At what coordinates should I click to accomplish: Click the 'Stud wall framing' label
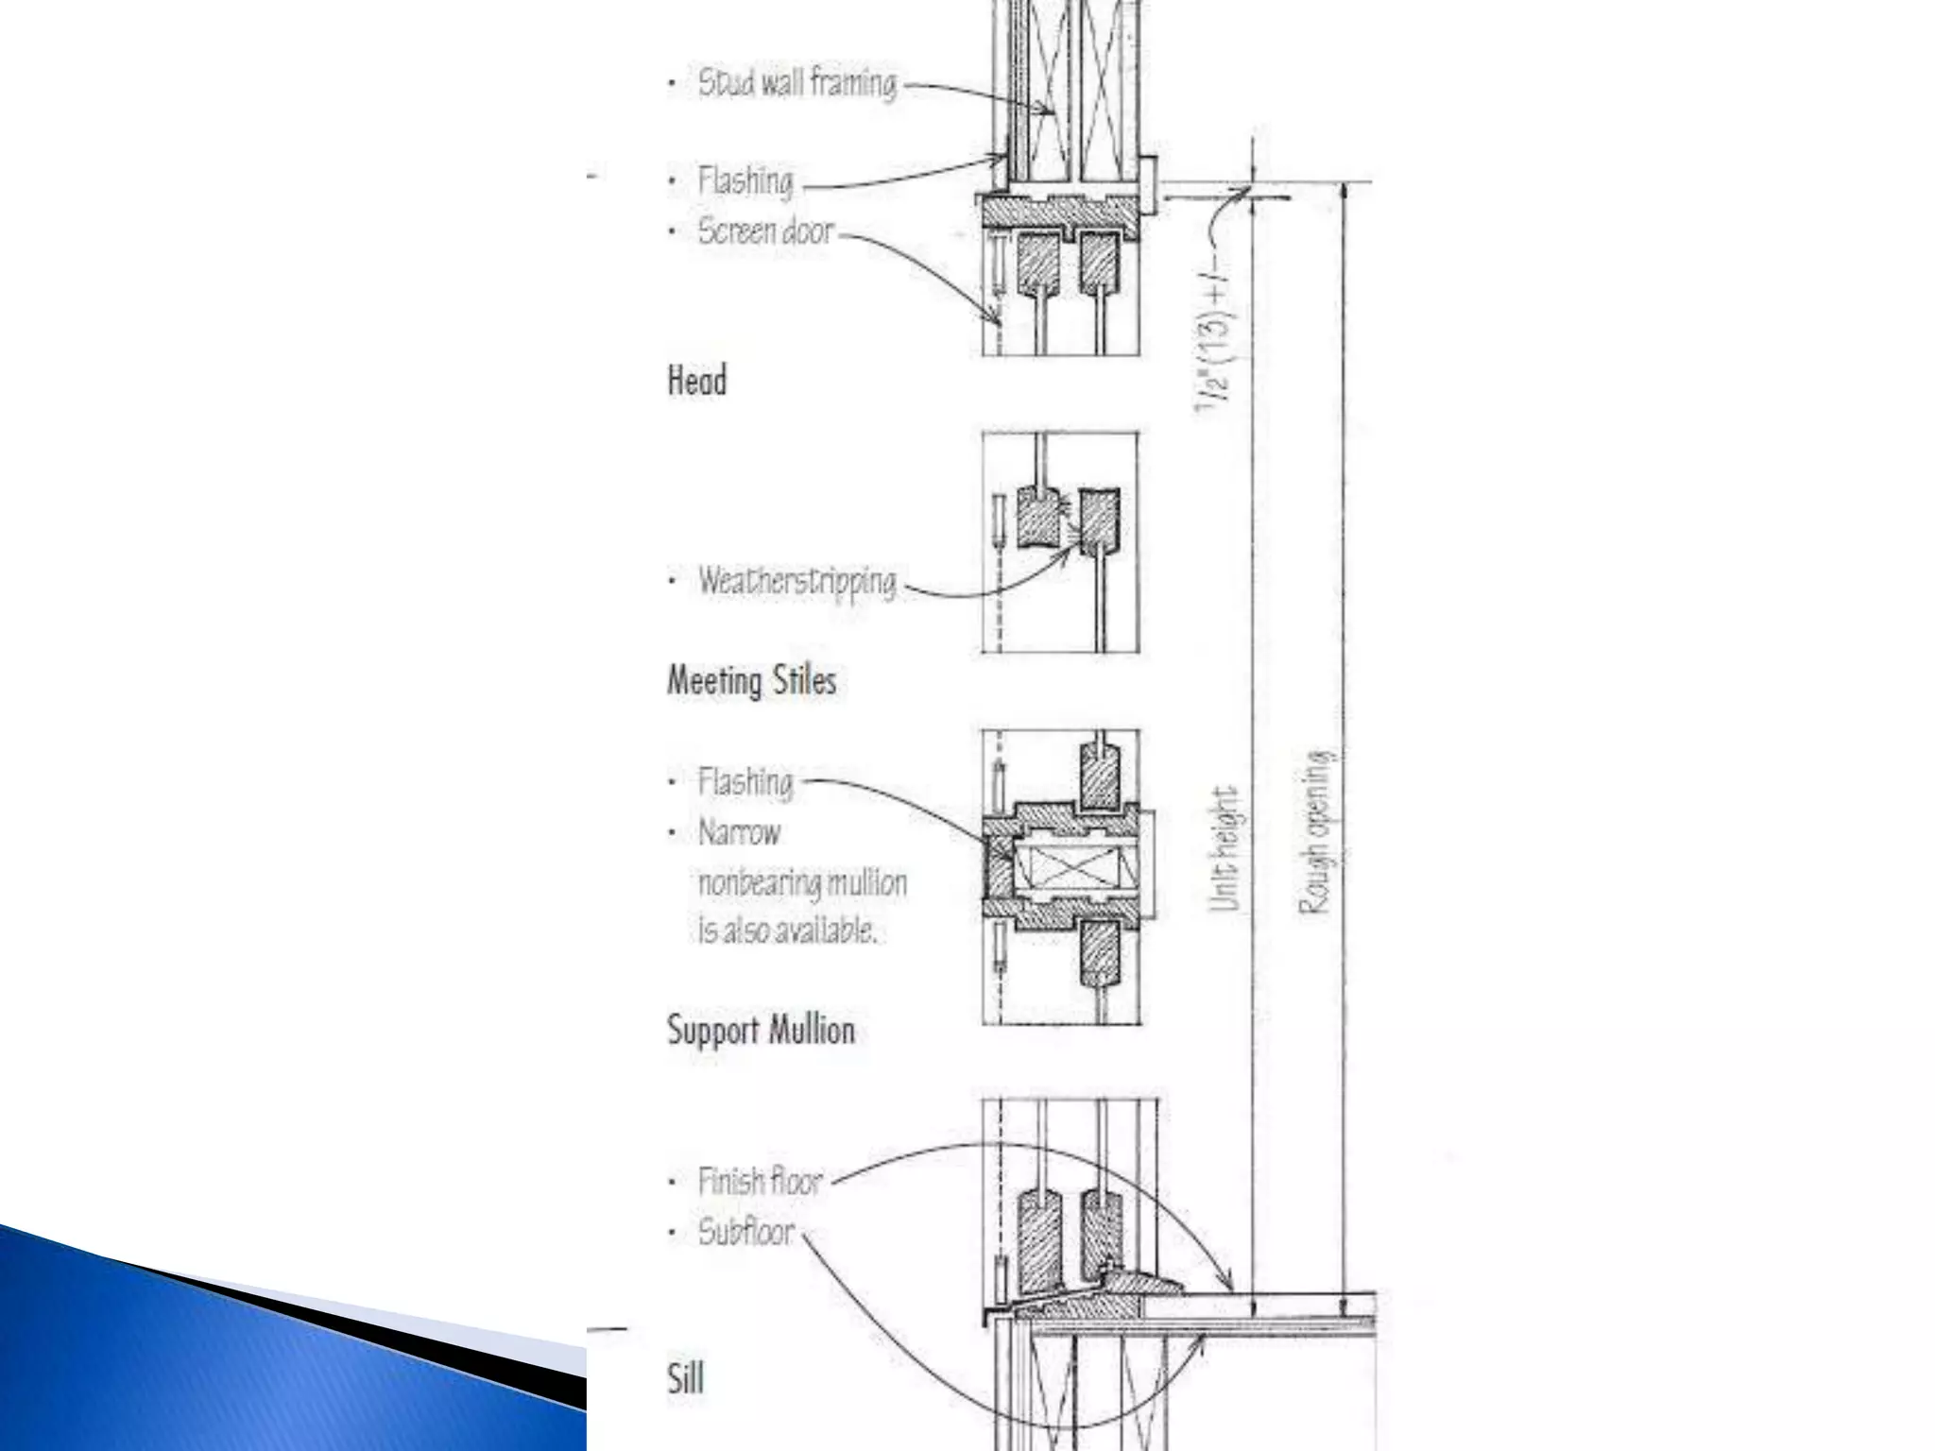(796, 83)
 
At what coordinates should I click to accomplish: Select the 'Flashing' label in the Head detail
(745, 180)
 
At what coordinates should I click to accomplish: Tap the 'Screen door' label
(765, 231)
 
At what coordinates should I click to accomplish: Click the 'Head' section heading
(697, 381)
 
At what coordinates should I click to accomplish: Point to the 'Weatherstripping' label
(796, 581)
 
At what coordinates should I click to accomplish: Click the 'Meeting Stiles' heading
(752, 680)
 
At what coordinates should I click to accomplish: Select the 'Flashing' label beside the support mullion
(745, 782)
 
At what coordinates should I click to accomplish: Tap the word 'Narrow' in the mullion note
(739, 833)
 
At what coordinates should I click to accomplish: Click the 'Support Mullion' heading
(761, 1030)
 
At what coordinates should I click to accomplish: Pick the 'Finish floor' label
(760, 1181)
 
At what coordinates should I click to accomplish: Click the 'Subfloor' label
(746, 1232)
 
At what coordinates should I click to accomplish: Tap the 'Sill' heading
(686, 1379)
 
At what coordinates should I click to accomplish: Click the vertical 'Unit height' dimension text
(1224, 850)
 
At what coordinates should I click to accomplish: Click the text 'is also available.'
(787, 931)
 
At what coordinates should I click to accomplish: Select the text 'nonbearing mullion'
(802, 883)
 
